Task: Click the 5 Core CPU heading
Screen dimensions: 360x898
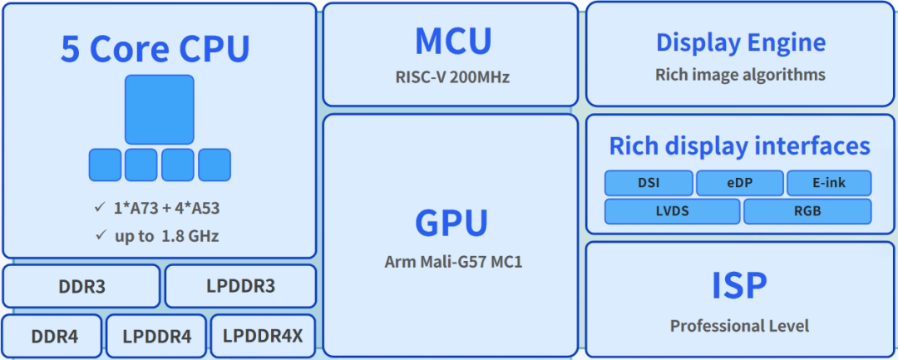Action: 155,50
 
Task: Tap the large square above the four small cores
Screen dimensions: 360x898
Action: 160,110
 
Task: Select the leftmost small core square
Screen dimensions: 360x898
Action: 105,165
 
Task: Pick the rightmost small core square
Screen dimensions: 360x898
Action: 215,165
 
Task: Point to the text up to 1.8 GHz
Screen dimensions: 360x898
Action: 166,235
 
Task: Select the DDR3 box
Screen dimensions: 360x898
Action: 81,287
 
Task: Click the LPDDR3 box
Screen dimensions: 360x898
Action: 240,287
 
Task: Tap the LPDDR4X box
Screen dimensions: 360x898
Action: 264,337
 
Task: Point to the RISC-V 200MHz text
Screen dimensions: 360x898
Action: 452,78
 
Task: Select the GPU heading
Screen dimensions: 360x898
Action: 451,223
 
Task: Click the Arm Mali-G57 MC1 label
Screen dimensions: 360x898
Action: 453,261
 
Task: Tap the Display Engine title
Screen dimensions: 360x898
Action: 740,42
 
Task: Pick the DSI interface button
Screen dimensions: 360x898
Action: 649,183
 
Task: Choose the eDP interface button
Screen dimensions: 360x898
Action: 739,183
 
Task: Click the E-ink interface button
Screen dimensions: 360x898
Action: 829,183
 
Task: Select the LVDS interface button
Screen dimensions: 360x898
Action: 672,211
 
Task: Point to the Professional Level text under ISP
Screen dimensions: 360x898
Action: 739,326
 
